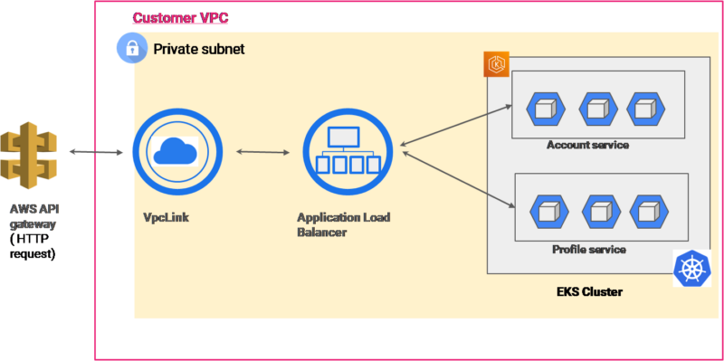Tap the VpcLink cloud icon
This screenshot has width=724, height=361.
pyautogui.click(x=176, y=152)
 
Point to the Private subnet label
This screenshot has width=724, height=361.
pyautogui.click(x=198, y=49)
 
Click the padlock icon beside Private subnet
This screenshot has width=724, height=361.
pyautogui.click(x=132, y=49)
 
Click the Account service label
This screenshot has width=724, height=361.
pyautogui.click(x=587, y=145)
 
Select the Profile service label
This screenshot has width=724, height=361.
pyautogui.click(x=588, y=249)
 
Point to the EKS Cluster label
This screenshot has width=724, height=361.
pyautogui.click(x=589, y=292)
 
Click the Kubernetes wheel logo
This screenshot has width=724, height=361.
pyautogui.click(x=692, y=270)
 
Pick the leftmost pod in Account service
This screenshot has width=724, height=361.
pyautogui.click(x=547, y=109)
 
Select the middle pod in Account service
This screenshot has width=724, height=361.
pyautogui.click(x=597, y=109)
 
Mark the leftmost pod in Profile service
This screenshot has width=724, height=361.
pyautogui.click(x=549, y=212)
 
